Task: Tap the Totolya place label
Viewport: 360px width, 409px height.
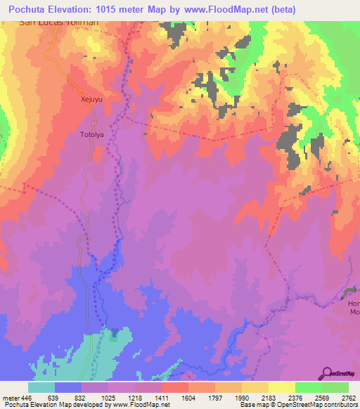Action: pos(91,134)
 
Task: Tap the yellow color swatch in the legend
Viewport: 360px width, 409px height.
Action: pos(281,387)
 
